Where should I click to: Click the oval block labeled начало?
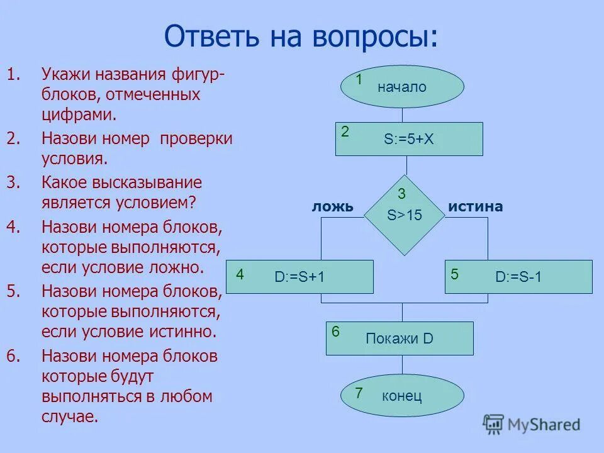402,87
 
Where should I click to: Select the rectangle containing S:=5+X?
409,139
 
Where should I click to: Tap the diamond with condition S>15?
405,215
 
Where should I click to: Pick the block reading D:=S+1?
299,276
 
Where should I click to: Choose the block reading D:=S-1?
518,276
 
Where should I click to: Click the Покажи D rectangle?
400,338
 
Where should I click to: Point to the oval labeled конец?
402,396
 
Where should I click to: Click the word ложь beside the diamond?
333,207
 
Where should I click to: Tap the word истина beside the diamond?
476,207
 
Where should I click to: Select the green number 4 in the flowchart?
240,275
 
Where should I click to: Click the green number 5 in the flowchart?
455,274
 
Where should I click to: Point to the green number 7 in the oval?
359,394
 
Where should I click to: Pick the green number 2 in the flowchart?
345,131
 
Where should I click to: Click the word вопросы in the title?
372,37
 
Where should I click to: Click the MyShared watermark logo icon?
494,425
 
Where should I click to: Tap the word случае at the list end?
69,417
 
